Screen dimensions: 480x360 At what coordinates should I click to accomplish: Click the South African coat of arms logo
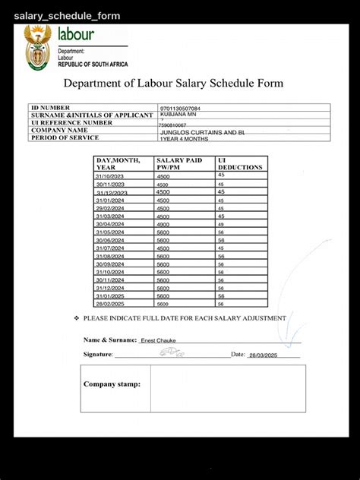point(37,47)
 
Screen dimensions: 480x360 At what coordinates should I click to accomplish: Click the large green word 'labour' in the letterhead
point(76,34)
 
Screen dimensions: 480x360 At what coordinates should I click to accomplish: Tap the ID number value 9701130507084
point(180,109)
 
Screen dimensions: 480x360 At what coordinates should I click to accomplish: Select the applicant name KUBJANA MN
point(177,115)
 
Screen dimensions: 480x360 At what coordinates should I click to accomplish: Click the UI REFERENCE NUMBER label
point(71,122)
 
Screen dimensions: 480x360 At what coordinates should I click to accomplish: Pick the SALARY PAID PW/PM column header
point(178,164)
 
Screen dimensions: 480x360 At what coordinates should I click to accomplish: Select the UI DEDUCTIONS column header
point(240,164)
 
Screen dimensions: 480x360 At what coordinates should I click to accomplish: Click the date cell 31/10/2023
point(111,175)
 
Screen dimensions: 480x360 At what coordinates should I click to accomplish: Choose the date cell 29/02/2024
point(111,208)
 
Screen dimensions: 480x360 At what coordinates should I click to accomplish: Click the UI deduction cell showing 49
point(221,225)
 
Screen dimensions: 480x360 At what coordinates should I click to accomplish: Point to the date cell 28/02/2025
point(111,304)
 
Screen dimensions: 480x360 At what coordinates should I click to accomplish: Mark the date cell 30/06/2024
point(111,241)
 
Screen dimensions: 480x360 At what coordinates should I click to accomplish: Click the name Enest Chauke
point(158,340)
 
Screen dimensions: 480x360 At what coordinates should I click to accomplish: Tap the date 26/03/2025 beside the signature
point(264,355)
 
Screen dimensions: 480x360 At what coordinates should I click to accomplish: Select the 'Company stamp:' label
point(112,384)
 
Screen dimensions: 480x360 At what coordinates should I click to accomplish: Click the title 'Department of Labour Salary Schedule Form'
point(173,84)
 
